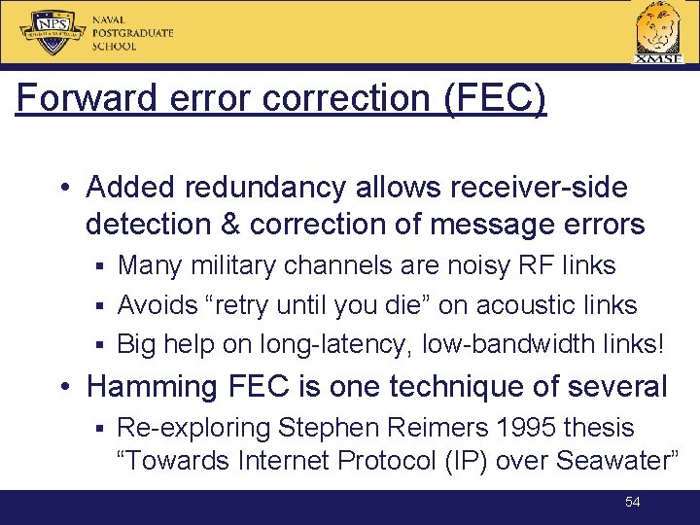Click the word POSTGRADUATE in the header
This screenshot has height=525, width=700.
pos(132,33)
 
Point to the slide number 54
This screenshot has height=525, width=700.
pos(633,502)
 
